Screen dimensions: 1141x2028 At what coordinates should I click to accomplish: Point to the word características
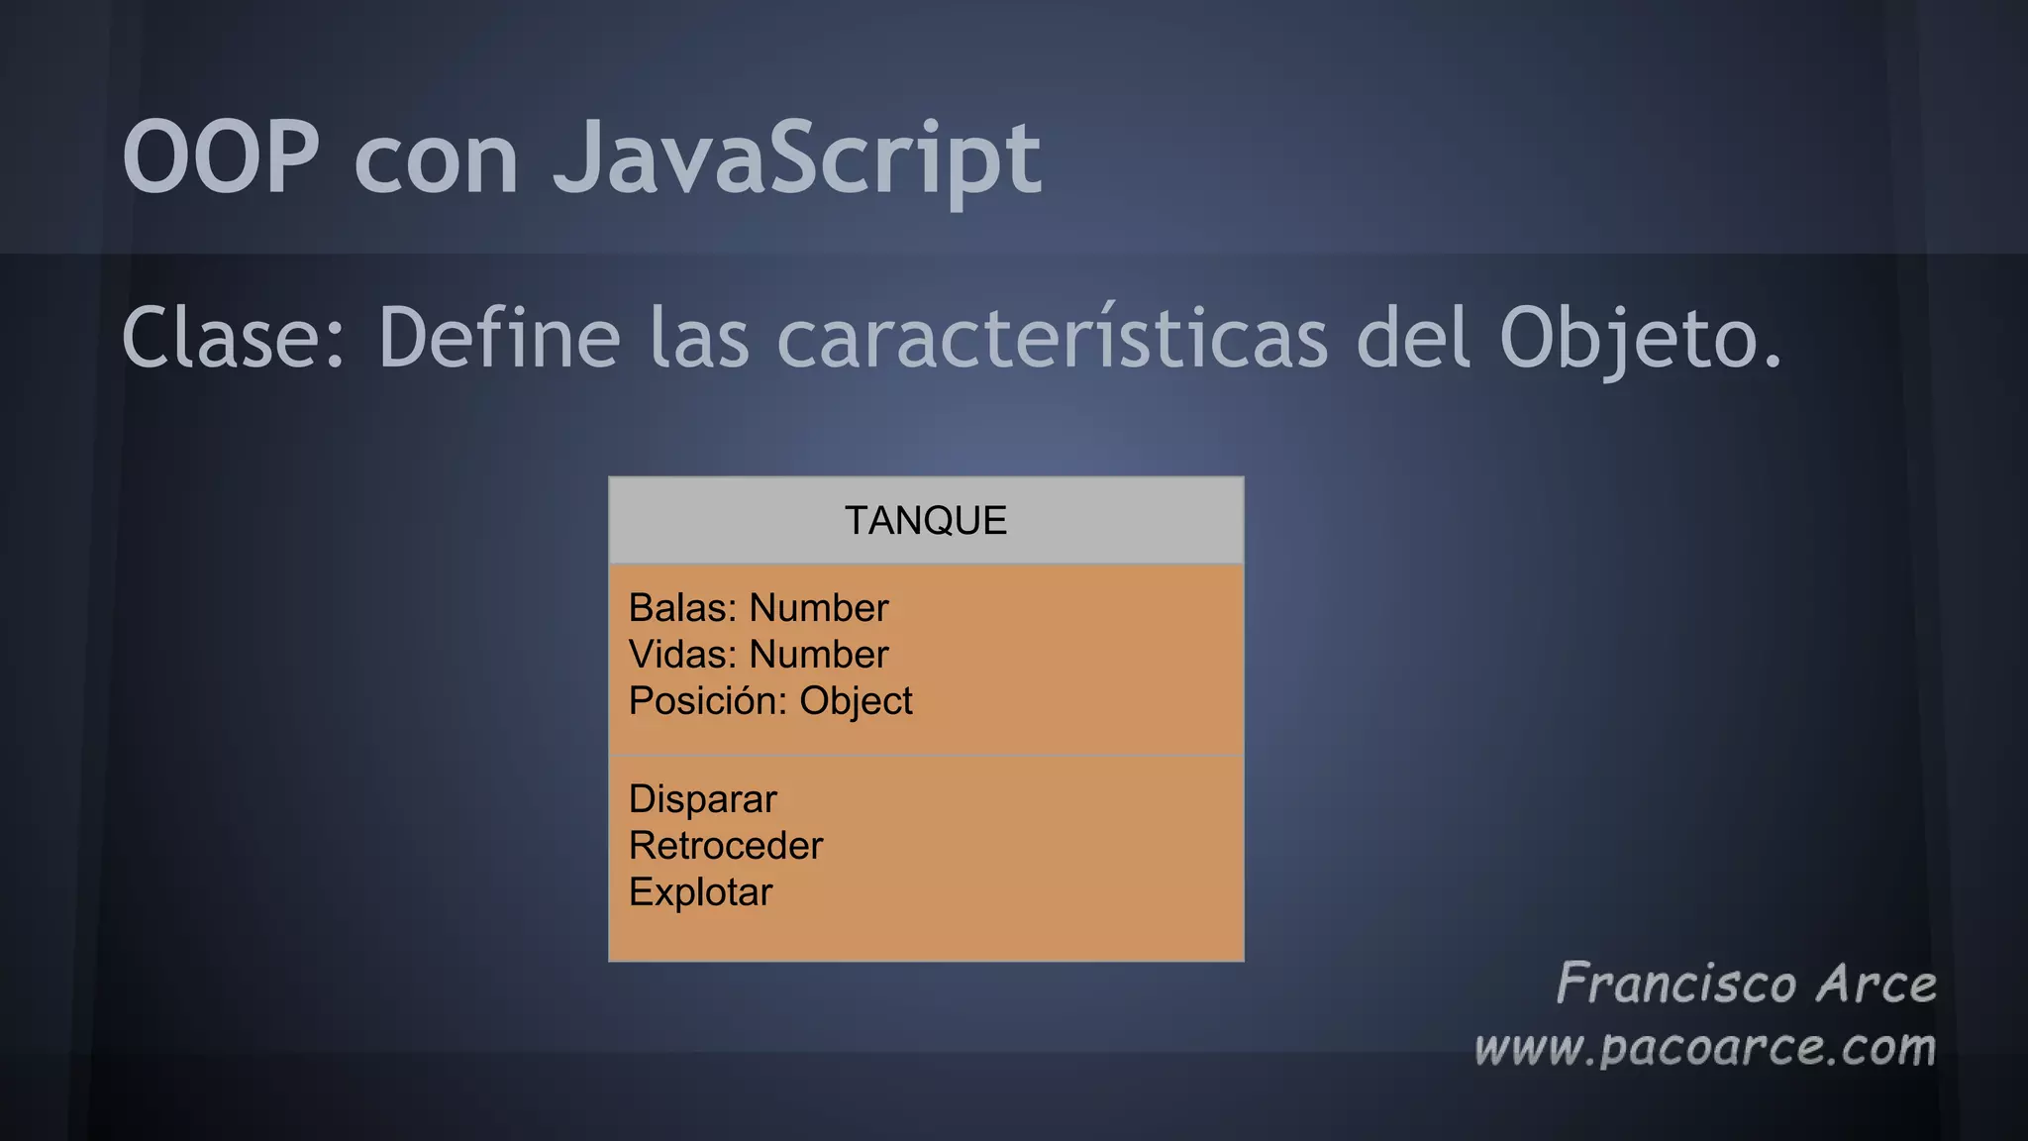pyautogui.click(x=1052, y=339)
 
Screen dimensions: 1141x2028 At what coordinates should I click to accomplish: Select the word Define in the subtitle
pyautogui.click(x=499, y=339)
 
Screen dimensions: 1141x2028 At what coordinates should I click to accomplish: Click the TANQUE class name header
pyautogui.click(x=926, y=521)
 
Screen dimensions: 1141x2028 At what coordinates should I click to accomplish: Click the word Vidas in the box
pyautogui.click(x=681, y=655)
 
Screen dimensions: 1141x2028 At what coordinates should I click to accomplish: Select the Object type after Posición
pyautogui.click(x=856, y=701)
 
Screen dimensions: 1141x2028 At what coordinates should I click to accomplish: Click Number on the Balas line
pyautogui.click(x=819, y=608)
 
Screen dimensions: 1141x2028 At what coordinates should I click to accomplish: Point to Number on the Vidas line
pyautogui.click(x=819, y=655)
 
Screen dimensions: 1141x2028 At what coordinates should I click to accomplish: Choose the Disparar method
pyautogui.click(x=703, y=799)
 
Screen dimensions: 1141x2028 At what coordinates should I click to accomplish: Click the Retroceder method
pyautogui.click(x=726, y=846)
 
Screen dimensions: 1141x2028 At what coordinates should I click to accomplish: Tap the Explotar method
pyautogui.click(x=700, y=892)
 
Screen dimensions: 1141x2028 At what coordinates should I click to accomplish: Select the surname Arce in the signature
pyautogui.click(x=1876, y=984)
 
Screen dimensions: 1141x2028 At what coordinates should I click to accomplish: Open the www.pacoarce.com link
pyautogui.click(x=1704, y=1048)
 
